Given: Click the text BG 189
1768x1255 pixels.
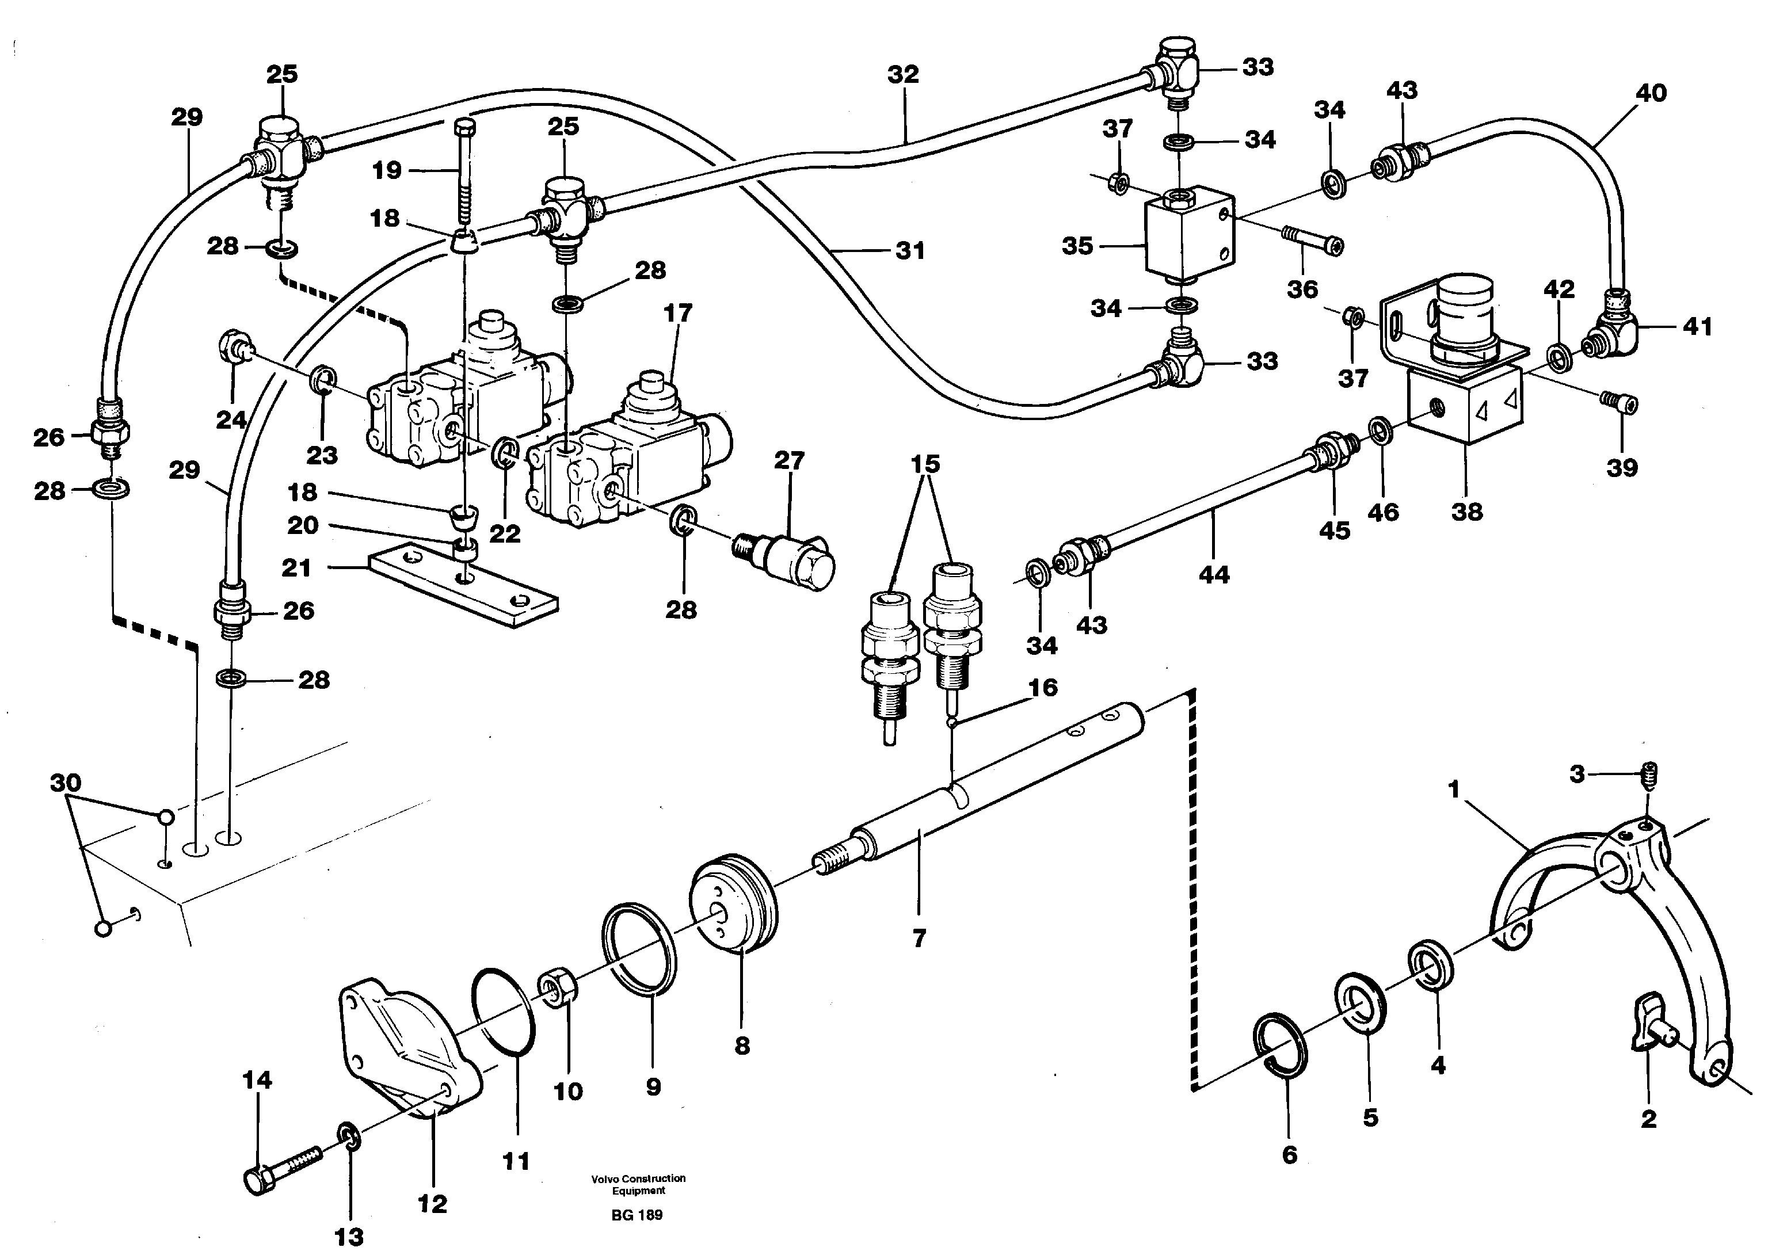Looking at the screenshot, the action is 637,1214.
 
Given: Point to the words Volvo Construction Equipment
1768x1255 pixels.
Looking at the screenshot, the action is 638,1184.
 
